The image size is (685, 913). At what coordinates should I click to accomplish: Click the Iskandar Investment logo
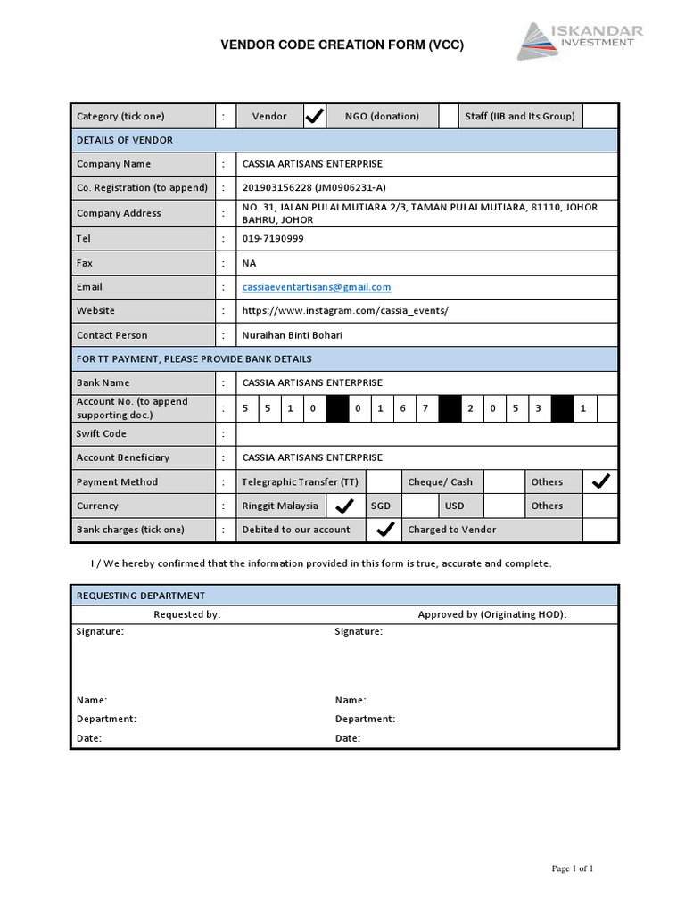coord(580,41)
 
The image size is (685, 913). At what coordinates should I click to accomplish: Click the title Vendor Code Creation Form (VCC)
coord(342,45)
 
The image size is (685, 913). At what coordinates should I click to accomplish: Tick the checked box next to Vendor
coord(315,116)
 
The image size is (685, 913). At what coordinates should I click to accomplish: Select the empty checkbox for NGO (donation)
coord(451,116)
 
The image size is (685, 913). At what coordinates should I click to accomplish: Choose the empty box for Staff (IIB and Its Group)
coord(600,116)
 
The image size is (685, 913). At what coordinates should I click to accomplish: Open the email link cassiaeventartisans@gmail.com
coord(317,287)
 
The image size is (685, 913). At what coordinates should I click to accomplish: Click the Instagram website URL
coord(345,311)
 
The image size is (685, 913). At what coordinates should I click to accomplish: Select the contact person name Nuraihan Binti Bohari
coord(293,335)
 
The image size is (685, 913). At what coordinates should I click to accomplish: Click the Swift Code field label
coord(102,433)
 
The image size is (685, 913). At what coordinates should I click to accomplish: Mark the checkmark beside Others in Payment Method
coord(600,481)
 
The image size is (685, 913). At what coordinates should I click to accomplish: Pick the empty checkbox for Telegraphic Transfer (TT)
coord(384,481)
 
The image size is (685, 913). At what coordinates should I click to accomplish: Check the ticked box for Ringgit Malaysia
coord(342,506)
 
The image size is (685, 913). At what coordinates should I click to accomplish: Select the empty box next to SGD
coord(420,506)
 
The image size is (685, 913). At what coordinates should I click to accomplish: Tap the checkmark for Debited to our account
coord(384,530)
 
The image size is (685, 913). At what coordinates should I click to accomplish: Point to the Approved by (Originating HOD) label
coord(491,614)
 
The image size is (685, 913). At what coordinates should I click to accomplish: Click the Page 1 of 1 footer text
coord(572,868)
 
